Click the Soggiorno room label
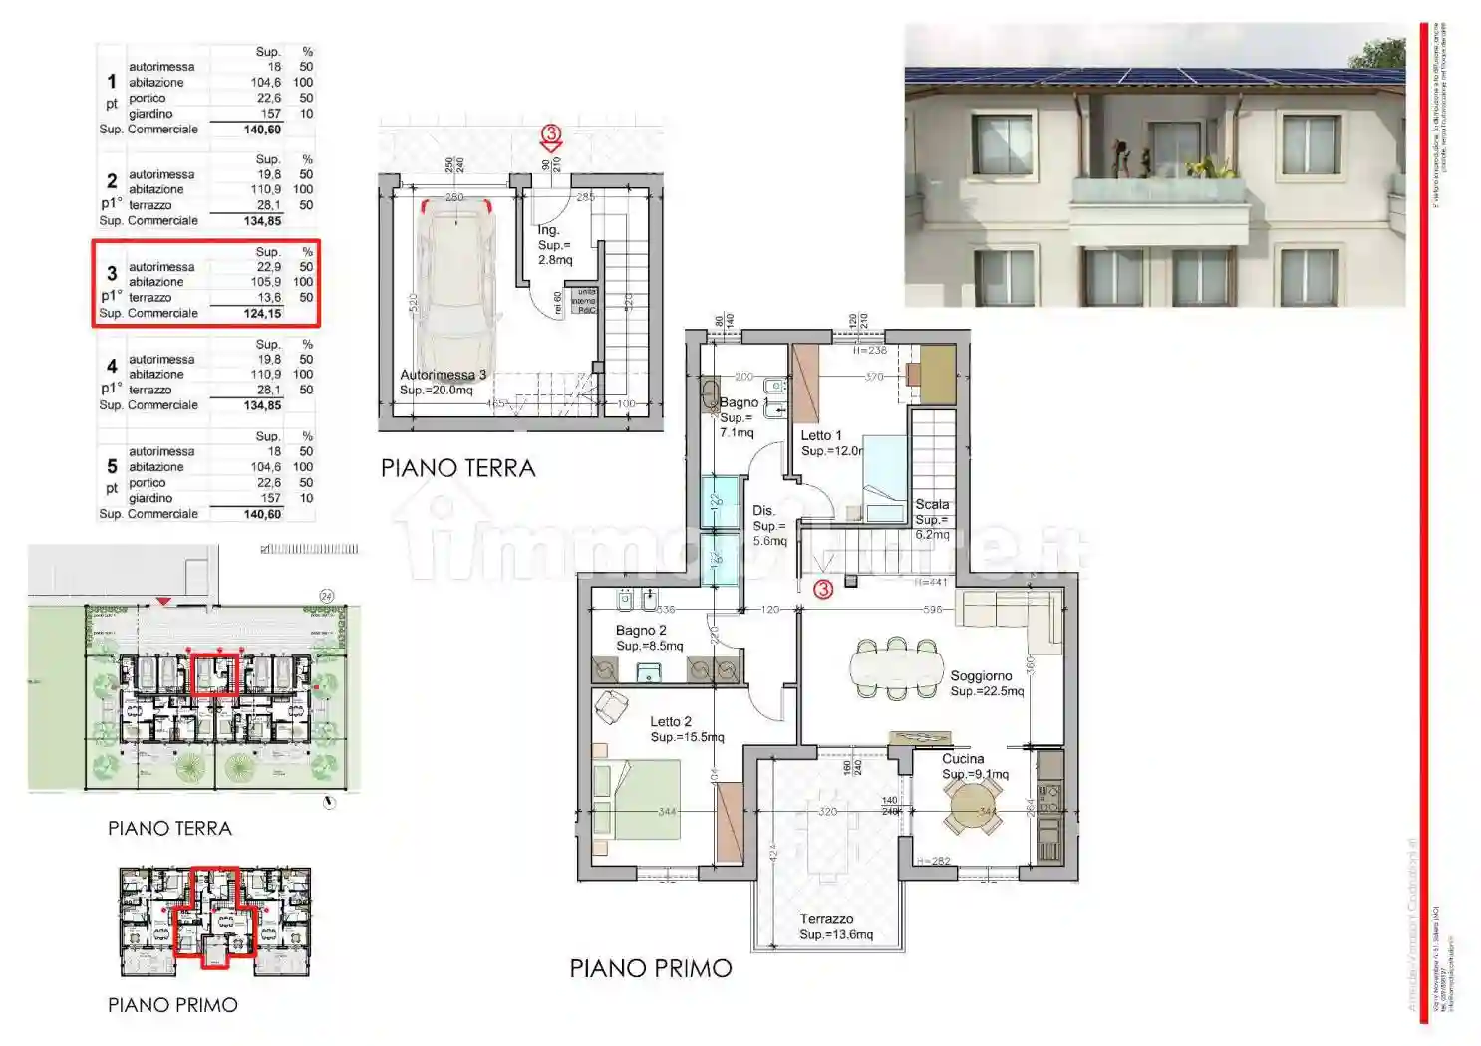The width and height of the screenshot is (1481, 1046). click(x=981, y=676)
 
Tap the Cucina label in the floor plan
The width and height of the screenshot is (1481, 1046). click(x=963, y=759)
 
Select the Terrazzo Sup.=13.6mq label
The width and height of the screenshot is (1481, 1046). click(x=835, y=926)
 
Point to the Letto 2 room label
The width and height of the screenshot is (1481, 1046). click(x=671, y=722)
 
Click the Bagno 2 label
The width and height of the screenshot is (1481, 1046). click(x=641, y=631)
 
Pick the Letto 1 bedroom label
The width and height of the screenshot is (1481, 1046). click(x=821, y=436)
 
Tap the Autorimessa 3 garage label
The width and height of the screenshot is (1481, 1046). click(x=443, y=375)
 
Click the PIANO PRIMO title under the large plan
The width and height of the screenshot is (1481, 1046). click(x=651, y=968)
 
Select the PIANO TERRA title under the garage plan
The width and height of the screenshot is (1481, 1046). click(x=457, y=468)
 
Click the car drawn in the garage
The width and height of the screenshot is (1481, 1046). click(x=453, y=289)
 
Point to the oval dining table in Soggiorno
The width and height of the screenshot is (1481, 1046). click(x=896, y=667)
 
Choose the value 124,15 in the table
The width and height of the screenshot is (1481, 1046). click(x=262, y=313)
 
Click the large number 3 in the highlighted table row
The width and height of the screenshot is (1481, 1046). click(x=112, y=273)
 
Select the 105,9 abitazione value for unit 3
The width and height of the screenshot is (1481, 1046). click(x=266, y=282)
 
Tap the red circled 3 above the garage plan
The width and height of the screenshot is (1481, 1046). click(x=551, y=133)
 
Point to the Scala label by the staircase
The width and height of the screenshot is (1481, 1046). click(x=932, y=505)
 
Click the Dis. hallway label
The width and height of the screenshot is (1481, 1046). click(x=763, y=511)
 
